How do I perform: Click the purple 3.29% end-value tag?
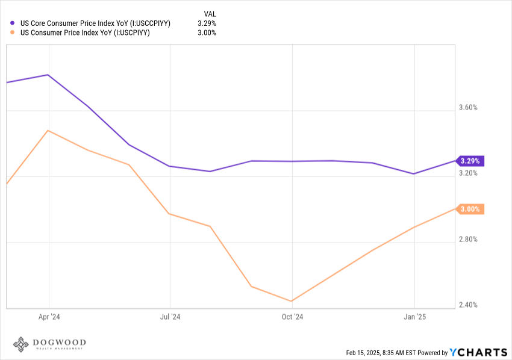click(x=470, y=161)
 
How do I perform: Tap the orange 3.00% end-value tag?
click(x=470, y=209)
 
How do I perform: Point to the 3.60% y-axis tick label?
click(x=468, y=107)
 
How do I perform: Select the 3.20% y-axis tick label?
click(x=468, y=173)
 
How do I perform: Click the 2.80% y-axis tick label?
click(x=468, y=239)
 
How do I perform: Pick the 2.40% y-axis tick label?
click(x=468, y=305)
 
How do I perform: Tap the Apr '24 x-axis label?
click(x=49, y=317)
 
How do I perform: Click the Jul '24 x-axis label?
click(x=170, y=317)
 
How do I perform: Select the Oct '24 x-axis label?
click(x=292, y=317)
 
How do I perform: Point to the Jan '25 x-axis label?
click(x=414, y=317)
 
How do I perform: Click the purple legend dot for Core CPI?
click(x=13, y=23)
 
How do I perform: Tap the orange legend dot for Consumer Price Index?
click(x=13, y=33)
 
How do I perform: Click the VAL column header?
click(x=210, y=14)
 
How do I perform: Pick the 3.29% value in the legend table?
click(x=207, y=23)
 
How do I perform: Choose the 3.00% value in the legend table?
click(x=207, y=33)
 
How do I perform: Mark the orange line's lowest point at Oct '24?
click(x=292, y=301)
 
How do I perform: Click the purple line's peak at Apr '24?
click(x=48, y=75)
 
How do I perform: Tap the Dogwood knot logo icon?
click(x=21, y=344)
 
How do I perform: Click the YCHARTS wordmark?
click(x=479, y=353)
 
